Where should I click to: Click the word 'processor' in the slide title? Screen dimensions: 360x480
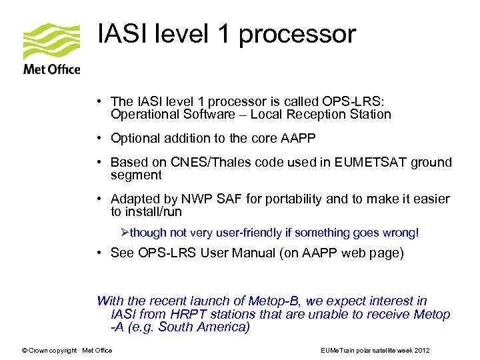297,34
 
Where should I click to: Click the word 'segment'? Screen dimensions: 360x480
136,175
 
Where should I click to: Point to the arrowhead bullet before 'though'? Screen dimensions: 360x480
124,233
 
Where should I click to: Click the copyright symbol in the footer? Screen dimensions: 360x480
25,350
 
